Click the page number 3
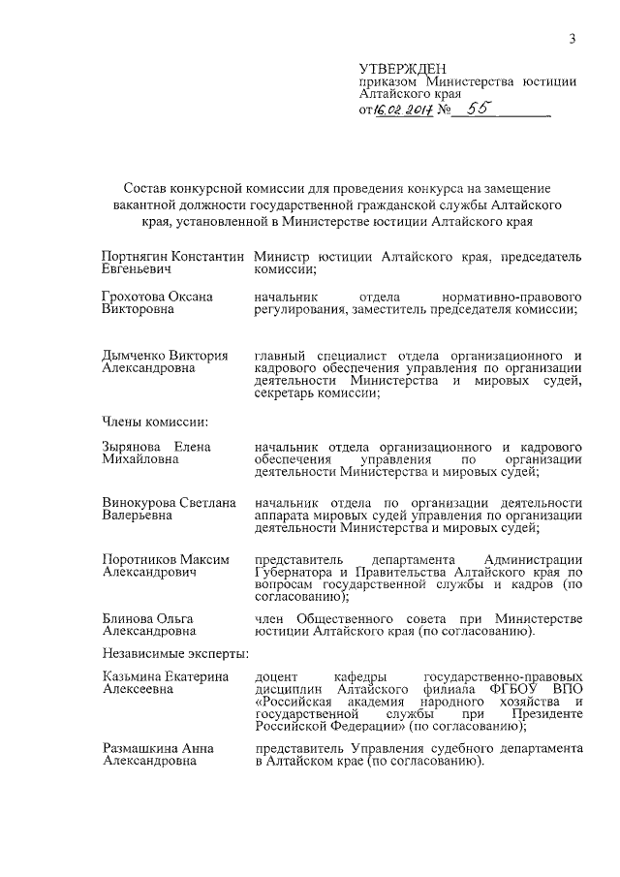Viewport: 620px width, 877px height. point(573,38)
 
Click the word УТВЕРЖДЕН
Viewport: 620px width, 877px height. point(403,69)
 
